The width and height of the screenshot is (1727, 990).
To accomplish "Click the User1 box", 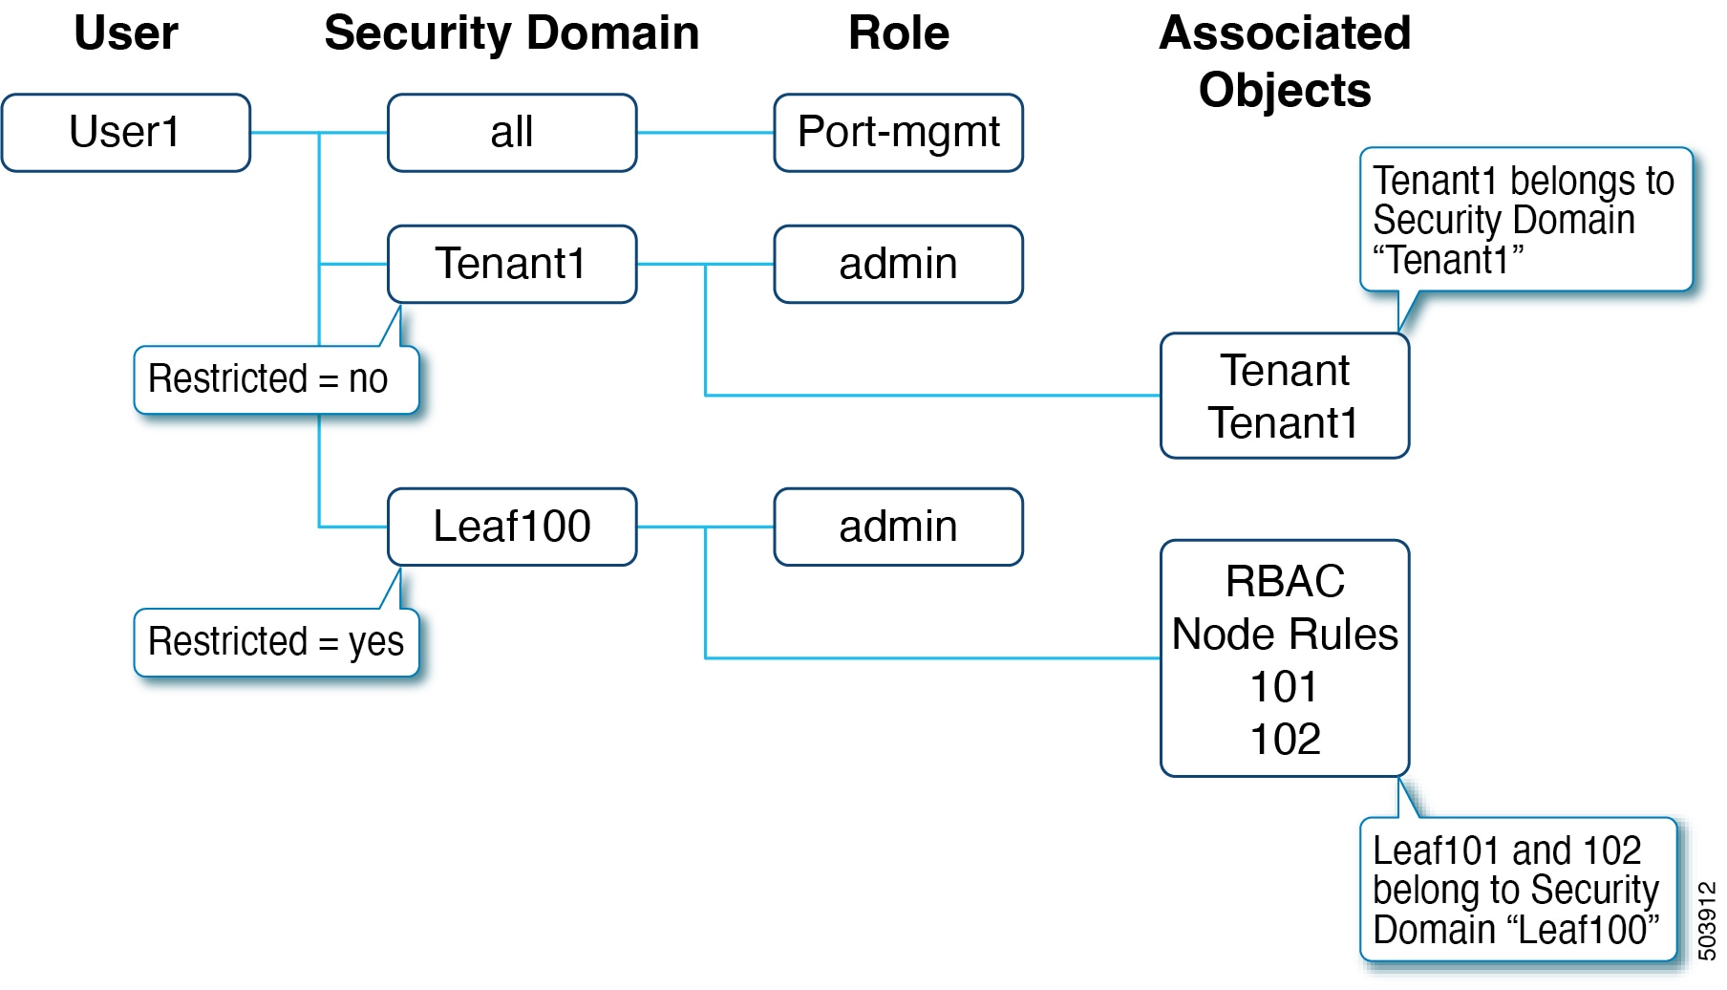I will click(126, 133).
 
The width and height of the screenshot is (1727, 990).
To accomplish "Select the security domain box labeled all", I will click(512, 133).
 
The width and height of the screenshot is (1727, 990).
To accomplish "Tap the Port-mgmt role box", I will click(898, 133).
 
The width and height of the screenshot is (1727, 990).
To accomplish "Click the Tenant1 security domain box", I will click(512, 264).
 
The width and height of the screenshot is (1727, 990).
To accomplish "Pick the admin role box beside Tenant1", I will click(898, 264).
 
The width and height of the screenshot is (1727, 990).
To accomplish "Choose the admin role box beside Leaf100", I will click(898, 527).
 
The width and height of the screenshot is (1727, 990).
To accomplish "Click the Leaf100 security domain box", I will click(512, 527).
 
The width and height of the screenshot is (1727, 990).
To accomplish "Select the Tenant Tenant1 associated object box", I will click(1284, 396).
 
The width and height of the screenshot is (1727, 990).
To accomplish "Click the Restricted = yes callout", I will click(275, 642).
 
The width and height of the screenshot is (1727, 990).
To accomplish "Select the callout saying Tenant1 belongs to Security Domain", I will click(1524, 220).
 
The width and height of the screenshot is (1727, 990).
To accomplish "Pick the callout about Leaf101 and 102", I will click(1517, 890).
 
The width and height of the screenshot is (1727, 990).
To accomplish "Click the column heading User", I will click(126, 33).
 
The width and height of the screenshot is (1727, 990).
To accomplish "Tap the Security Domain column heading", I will click(512, 33).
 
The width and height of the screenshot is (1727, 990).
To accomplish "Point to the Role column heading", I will click(898, 33).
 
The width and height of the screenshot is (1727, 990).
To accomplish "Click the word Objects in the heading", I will click(1284, 91).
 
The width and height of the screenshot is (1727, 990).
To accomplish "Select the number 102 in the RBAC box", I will click(1284, 739).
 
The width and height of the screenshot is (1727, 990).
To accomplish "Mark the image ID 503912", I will click(1706, 920).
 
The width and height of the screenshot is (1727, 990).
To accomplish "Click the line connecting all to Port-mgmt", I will click(705, 133).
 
